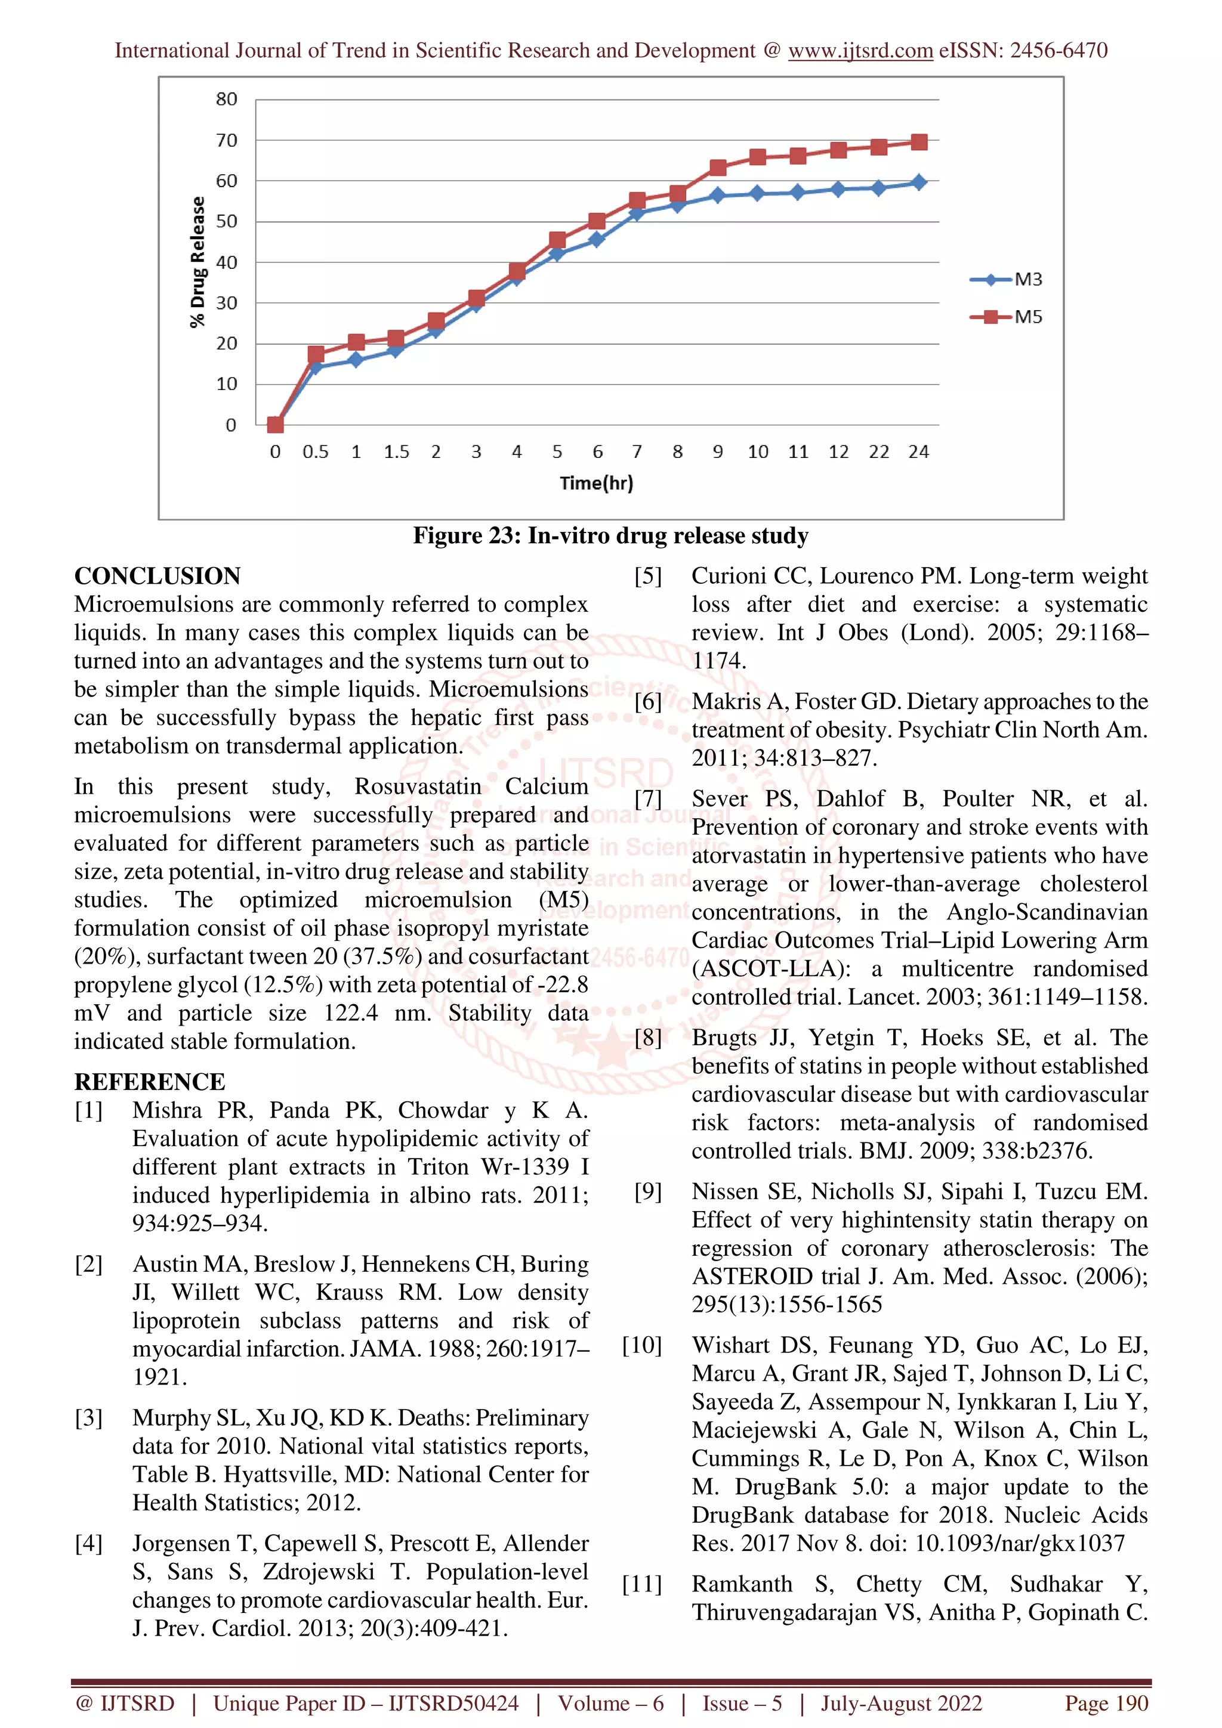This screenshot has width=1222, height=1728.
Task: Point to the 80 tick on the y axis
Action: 226,100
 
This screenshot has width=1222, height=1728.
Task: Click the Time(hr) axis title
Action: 596,483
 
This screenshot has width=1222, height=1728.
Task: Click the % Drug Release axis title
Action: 198,262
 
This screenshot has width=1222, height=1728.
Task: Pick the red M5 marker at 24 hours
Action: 918,143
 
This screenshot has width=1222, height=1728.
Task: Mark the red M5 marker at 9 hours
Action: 718,168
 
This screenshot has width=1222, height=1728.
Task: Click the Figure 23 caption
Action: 610,536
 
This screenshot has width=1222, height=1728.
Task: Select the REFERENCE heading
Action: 149,1082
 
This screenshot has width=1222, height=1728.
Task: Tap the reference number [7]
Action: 648,798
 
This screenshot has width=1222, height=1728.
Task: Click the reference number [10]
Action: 642,1346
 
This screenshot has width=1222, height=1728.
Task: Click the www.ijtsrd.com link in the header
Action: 860,51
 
